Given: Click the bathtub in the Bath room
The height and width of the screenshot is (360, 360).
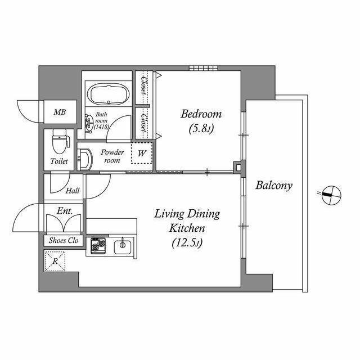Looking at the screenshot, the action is point(109,94).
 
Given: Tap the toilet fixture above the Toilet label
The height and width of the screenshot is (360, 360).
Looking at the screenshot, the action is point(61,141).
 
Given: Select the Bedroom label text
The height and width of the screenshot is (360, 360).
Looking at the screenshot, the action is point(201,114).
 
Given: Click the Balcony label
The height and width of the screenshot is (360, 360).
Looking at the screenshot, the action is point(274,186).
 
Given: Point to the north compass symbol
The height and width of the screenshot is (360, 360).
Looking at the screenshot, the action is point(331,195).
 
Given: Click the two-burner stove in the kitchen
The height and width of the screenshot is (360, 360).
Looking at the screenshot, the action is point(98,246).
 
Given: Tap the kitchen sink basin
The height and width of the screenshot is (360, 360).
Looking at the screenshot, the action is point(123,247).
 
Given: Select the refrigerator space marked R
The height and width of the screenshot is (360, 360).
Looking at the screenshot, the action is point(55,261).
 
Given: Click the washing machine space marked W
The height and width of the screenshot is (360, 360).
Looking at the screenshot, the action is point(142,153).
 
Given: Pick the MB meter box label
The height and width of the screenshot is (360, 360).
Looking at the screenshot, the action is point(60,112).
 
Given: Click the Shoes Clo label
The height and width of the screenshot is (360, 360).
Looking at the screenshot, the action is point(64,240).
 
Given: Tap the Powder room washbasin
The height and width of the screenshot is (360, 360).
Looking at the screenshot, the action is point(84,159).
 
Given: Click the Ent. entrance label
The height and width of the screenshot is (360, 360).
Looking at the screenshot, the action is point(65,211).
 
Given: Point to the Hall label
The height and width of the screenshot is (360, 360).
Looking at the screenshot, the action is point(73,191).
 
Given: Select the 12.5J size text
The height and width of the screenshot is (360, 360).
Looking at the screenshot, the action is point(187,243).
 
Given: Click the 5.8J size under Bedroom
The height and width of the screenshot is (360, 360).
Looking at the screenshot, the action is point(201,129).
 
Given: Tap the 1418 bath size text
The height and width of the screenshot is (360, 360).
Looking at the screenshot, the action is point(101,127).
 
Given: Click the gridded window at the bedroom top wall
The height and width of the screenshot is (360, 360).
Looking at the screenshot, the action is point(204,68).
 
